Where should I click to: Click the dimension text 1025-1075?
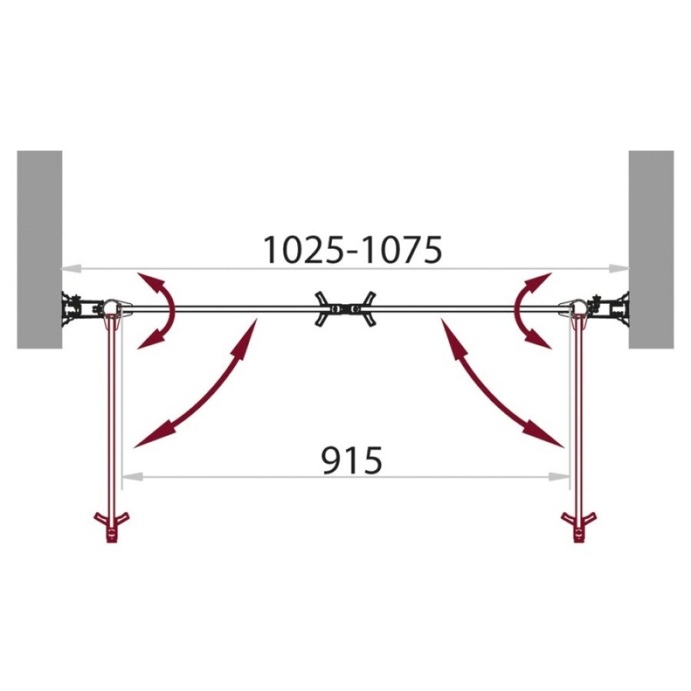point(352,250)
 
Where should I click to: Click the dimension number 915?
point(352,461)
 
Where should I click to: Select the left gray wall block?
point(40,250)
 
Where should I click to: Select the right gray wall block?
point(651,250)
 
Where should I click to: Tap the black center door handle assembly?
point(345,309)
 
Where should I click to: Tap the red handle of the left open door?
point(112,526)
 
